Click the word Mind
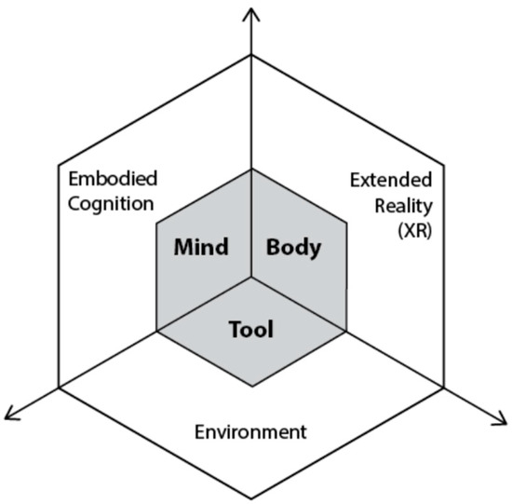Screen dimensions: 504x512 click(x=201, y=247)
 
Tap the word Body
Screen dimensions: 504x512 click(x=293, y=247)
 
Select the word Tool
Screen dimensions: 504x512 click(x=251, y=329)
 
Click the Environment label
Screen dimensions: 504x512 click(x=249, y=432)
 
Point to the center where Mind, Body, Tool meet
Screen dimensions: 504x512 click(x=251, y=278)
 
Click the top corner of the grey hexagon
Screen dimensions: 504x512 click(x=251, y=169)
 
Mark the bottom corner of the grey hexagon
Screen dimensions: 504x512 click(x=251, y=386)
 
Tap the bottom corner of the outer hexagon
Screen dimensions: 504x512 click(x=251, y=497)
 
